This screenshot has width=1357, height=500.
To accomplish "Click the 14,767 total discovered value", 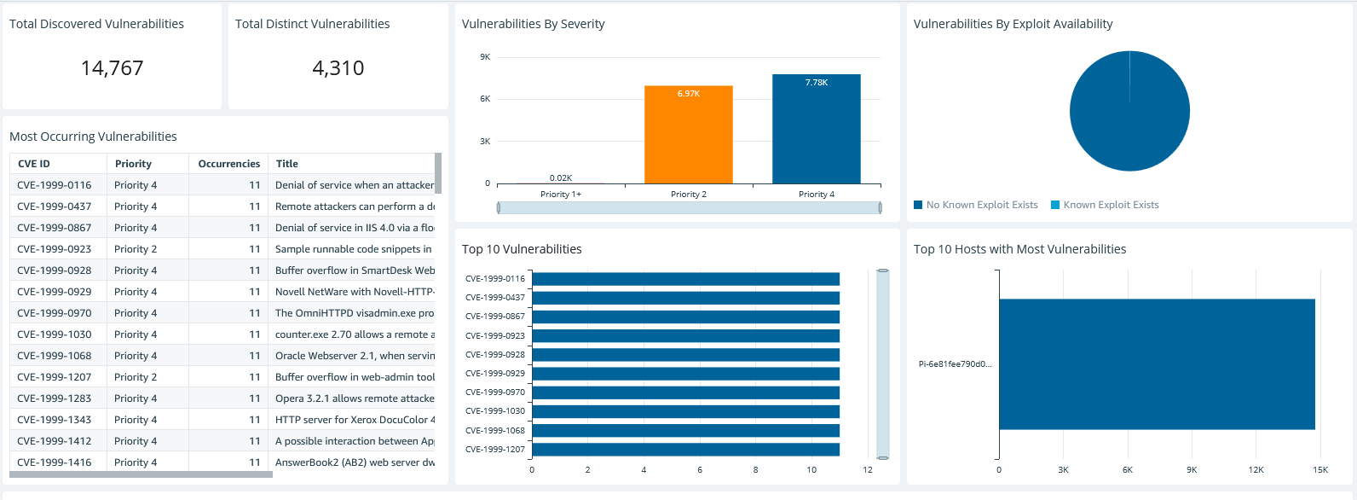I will pos(112,68).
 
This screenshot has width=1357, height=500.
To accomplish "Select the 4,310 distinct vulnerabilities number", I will pos(338,68).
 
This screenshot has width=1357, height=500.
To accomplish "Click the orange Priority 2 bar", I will pos(688,137).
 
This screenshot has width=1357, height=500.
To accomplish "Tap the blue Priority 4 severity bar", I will pos(816,132).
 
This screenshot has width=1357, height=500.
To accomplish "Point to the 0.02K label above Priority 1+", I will pos(561,177).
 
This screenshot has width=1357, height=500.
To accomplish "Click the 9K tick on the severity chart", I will pos(485,57).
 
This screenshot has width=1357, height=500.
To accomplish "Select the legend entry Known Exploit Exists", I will pos(1110,205).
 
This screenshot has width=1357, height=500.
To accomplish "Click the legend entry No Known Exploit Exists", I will pos(981,205).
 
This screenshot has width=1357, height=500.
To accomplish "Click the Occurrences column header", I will pos(228,164).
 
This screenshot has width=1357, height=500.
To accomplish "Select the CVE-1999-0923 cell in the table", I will pos(55,249).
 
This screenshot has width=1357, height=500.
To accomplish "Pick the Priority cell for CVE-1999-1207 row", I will pos(136,377).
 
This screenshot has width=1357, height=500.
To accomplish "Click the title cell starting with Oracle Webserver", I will pos(354,356).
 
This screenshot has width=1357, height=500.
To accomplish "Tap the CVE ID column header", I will pos(34,164).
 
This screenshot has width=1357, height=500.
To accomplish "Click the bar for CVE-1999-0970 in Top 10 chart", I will pos(685,392).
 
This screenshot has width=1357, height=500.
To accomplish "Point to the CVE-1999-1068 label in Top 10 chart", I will pos(495,430).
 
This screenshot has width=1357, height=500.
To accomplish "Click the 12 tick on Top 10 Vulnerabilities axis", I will pos(867,470).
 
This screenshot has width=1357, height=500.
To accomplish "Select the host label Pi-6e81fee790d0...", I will pos(955,364).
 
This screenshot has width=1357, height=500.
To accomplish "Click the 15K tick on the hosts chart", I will pos(1319,470).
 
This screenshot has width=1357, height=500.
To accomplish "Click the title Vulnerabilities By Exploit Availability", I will pos(1013,24).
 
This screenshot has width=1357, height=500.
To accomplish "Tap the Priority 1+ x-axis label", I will pos(560,195).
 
